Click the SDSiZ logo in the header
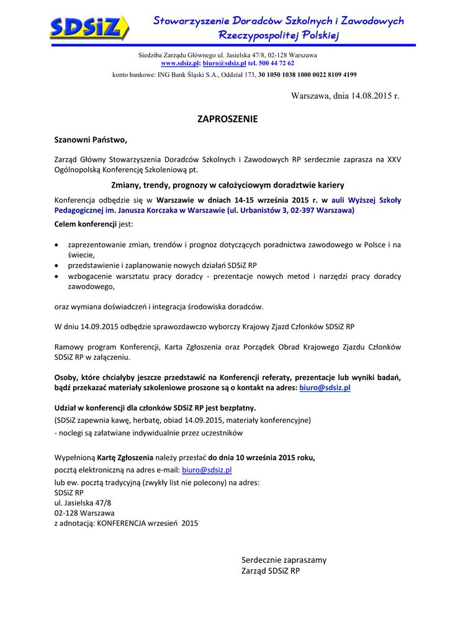[x=89, y=28]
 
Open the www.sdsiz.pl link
[x=180, y=63]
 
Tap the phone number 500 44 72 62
[x=277, y=63]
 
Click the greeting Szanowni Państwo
[x=91, y=140]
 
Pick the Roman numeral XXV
[x=394, y=159]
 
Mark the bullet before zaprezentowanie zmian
[x=57, y=245]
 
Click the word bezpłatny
[x=236, y=408]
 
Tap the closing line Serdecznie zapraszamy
[x=284, y=560]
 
